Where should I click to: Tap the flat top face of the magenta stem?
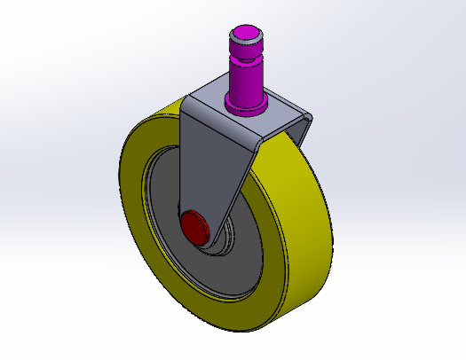pyautogui.click(x=246, y=35)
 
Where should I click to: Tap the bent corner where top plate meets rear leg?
pyautogui.click(x=308, y=116)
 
